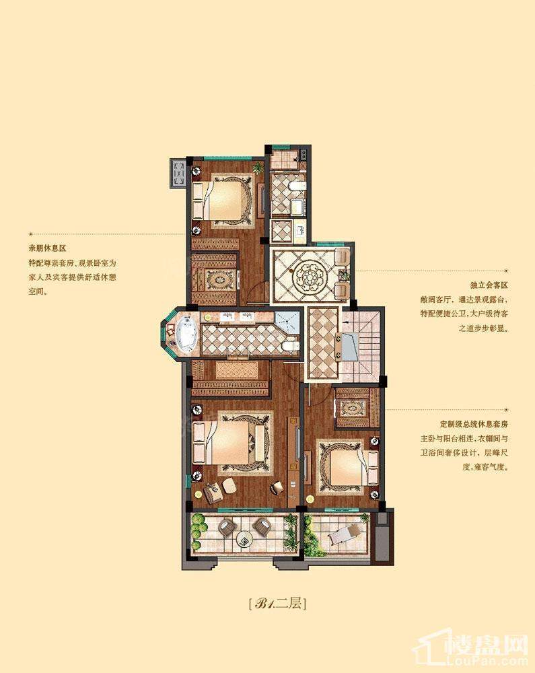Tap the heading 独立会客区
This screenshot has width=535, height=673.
489,285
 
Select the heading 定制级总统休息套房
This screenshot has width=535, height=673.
474,425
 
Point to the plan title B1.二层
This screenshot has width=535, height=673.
277,604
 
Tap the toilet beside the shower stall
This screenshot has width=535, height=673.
291,346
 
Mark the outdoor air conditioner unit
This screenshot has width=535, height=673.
178,172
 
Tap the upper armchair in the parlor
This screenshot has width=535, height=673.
342,257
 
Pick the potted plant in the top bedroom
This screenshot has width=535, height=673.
258,168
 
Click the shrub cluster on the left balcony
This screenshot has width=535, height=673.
197,532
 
